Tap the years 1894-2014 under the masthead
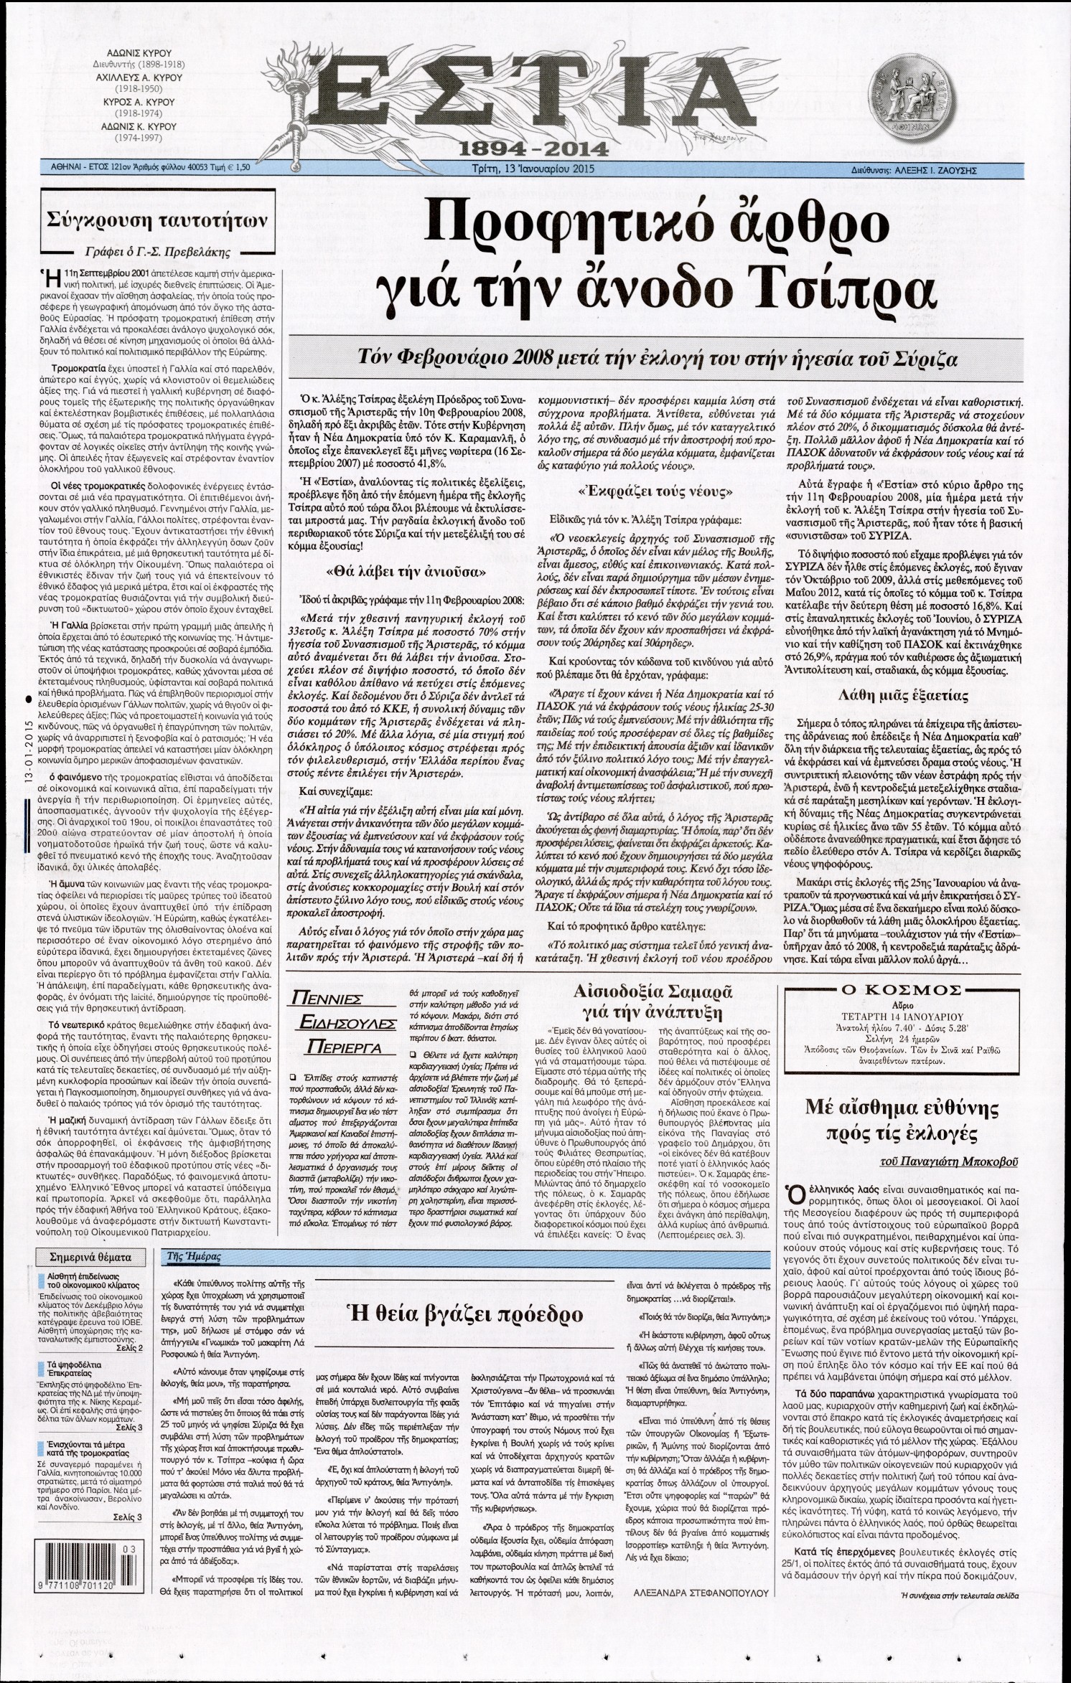[535, 148]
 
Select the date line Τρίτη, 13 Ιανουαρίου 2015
[535, 169]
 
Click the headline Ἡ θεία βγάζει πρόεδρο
[465, 1313]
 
